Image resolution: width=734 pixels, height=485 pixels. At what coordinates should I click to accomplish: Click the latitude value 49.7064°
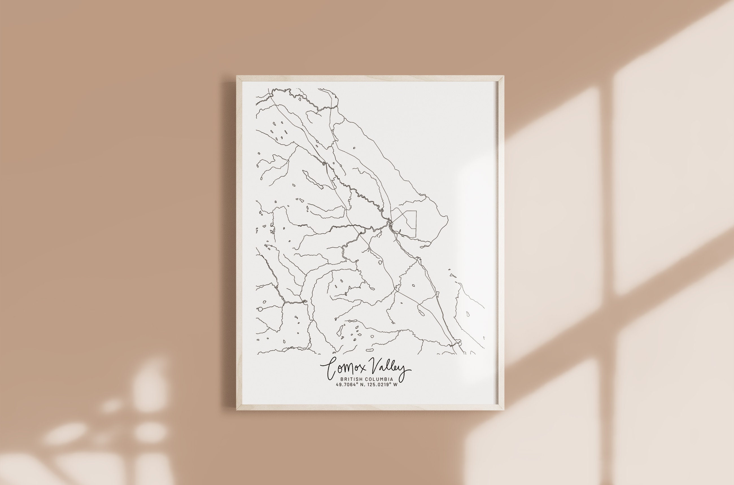pos(347,385)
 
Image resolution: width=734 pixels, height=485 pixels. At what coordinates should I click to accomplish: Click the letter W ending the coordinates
pos(395,385)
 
